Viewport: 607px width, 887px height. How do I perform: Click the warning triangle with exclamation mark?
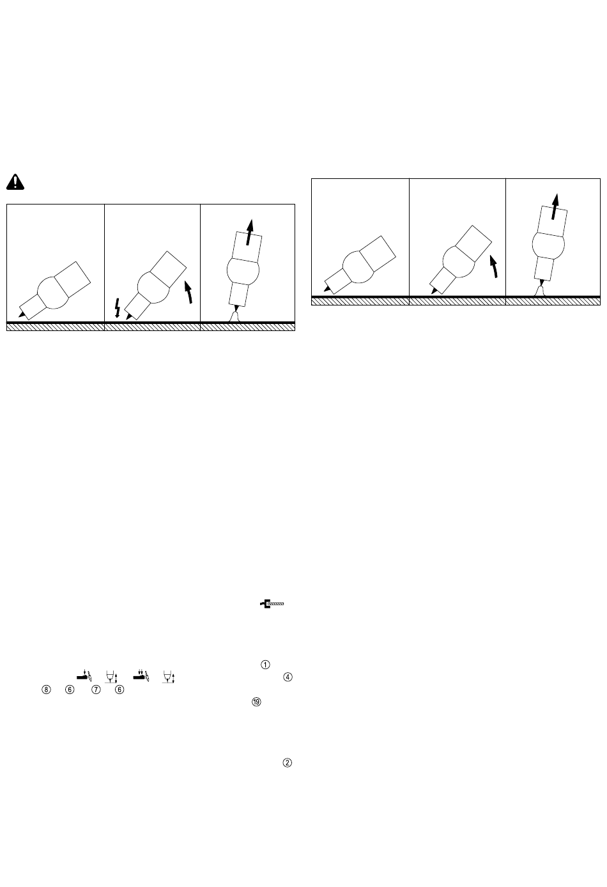[x=15, y=182]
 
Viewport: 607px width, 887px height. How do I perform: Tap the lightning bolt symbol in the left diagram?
[x=117, y=308]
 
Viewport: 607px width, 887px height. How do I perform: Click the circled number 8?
[x=47, y=690]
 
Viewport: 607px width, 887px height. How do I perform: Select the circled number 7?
[x=96, y=690]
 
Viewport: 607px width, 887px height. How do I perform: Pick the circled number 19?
[x=257, y=702]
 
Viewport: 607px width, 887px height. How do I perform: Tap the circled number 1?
[x=265, y=665]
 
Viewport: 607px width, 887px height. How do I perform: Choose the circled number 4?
[x=288, y=677]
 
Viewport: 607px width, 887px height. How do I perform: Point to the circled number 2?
[x=288, y=762]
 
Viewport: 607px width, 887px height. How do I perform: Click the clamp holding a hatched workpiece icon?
[x=272, y=603]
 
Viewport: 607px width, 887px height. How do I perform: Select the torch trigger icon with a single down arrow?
[x=84, y=675]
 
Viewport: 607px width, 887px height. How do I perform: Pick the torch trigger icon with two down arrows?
[x=141, y=675]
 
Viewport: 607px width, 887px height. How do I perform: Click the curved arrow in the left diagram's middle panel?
[x=189, y=292]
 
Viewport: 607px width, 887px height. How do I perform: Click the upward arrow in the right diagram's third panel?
[x=555, y=206]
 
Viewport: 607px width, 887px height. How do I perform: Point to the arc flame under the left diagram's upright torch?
[x=234, y=317]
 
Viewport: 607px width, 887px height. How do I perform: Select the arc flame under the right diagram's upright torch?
[x=541, y=291]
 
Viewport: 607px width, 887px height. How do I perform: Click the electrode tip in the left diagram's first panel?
[x=22, y=314]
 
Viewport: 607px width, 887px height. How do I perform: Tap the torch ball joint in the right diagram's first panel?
[x=358, y=266]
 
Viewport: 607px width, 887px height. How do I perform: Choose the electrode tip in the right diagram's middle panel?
[x=434, y=290]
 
